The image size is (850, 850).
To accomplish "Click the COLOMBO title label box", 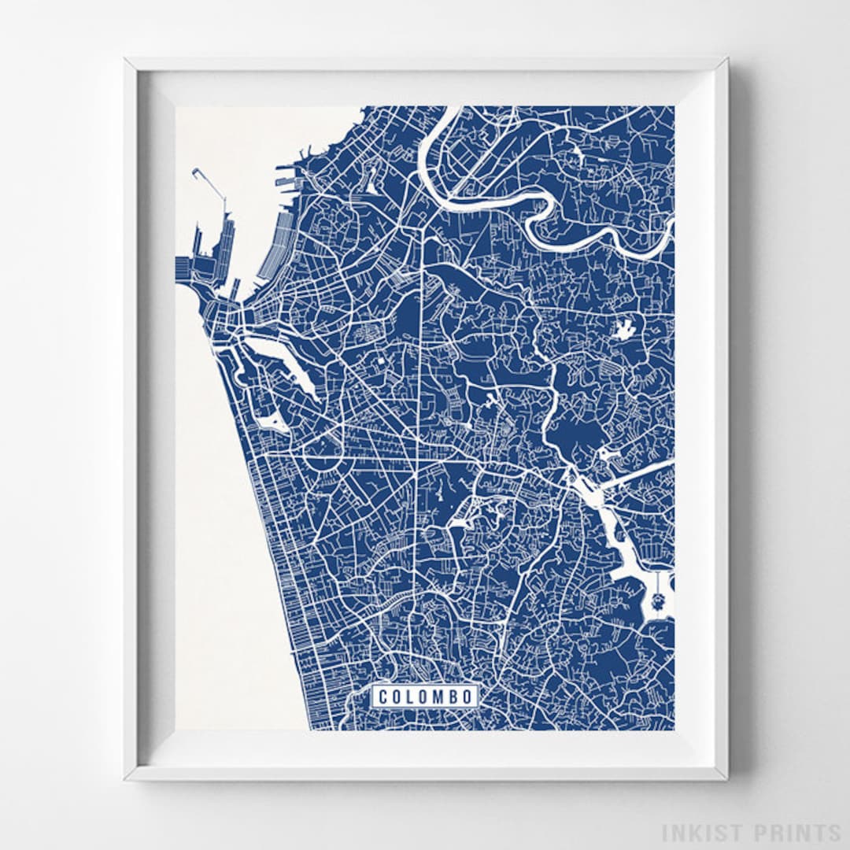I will click(426, 697).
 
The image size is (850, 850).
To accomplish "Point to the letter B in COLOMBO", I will click(454, 697).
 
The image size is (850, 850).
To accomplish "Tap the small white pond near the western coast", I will click(275, 423).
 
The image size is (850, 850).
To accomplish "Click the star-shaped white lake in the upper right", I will click(625, 329).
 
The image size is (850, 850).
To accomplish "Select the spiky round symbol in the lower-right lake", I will click(659, 604).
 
